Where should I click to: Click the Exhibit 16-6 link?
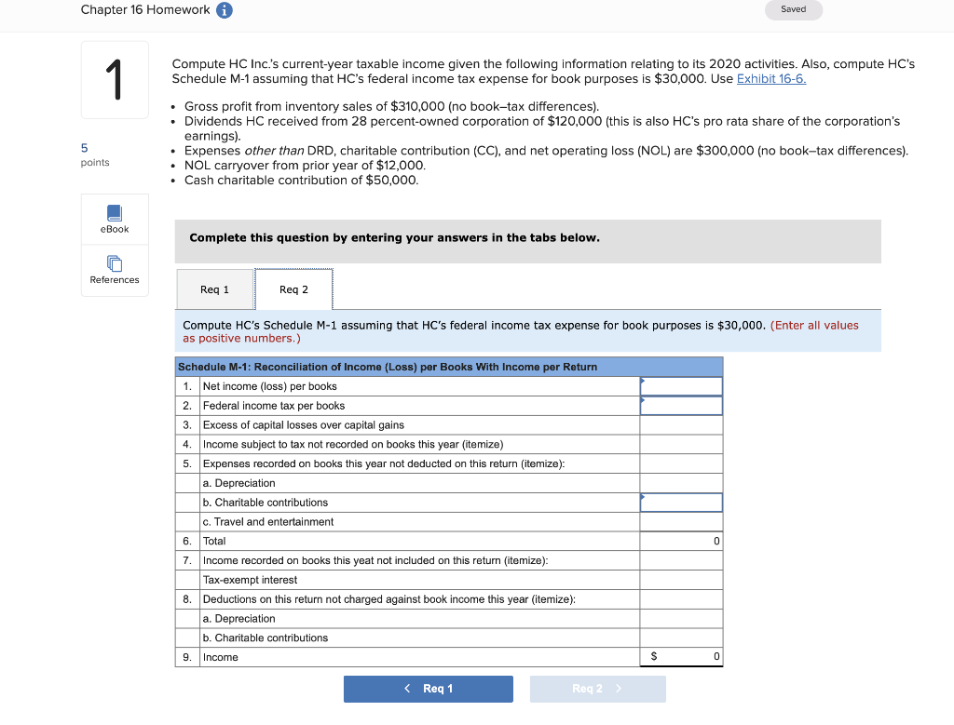point(770,79)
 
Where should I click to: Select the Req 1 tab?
point(214,289)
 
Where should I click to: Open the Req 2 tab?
point(293,289)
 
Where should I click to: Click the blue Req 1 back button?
point(429,689)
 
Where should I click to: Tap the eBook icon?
point(115,213)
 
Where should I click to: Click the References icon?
point(115,263)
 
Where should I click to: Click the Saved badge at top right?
point(794,9)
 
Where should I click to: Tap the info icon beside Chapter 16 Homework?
point(225,10)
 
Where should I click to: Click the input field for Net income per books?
point(681,386)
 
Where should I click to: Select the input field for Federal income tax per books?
point(681,406)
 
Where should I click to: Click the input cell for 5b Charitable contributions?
point(681,503)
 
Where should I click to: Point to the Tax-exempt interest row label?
point(250,580)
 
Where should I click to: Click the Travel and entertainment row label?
point(267,522)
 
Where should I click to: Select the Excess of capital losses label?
point(303,425)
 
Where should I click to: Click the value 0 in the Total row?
point(715,542)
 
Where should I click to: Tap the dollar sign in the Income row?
point(653,657)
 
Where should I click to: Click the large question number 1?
point(115,80)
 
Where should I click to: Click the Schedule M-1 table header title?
point(388,367)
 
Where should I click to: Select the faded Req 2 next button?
point(597,689)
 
